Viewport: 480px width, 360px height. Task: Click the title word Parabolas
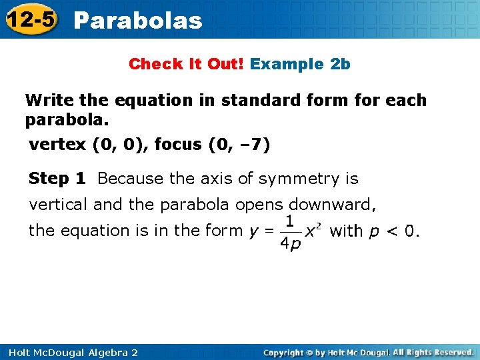pyautogui.click(x=138, y=21)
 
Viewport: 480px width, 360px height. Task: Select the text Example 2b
pyautogui.click(x=300, y=64)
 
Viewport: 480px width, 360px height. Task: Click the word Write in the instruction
pyautogui.click(x=49, y=100)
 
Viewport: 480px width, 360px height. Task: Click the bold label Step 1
pyautogui.click(x=57, y=179)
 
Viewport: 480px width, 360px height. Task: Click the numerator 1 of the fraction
pyautogui.click(x=290, y=220)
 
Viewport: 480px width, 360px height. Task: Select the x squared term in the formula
pyautogui.click(x=313, y=230)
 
